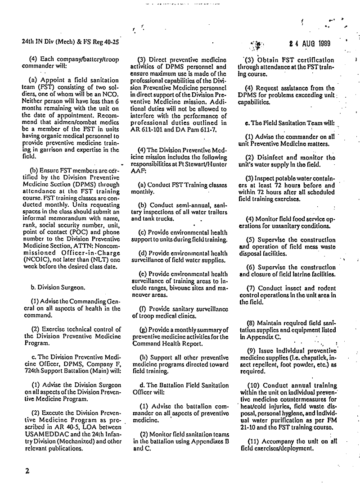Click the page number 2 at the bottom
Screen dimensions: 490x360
coord(27,471)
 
